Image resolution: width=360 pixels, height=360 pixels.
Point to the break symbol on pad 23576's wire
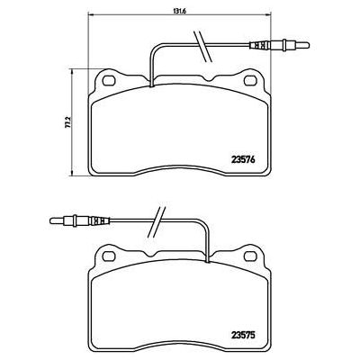click(197, 41)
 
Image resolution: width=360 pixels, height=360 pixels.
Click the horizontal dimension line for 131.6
click(180, 19)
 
